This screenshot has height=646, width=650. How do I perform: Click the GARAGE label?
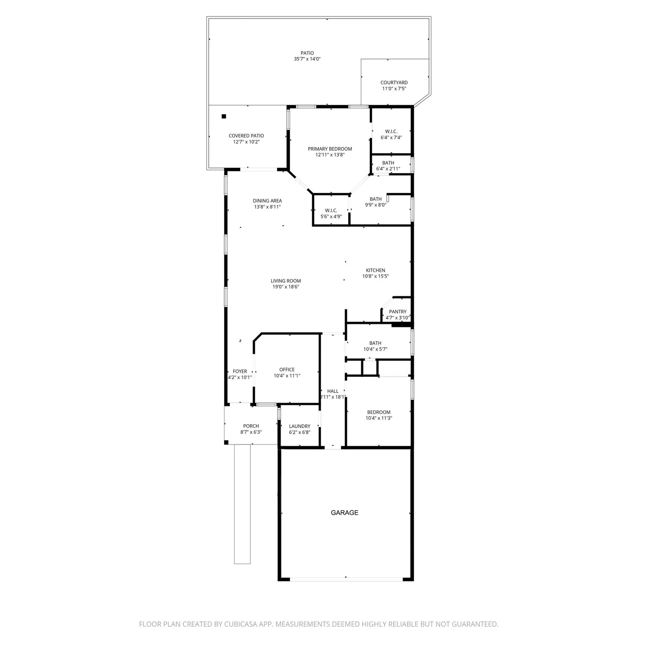coord(344,512)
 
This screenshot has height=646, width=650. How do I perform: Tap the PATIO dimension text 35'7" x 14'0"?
coord(307,59)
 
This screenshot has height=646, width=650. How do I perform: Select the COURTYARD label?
coord(394,83)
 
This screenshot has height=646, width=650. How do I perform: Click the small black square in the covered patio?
coord(224,116)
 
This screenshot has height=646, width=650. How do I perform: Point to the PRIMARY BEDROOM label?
coord(330,149)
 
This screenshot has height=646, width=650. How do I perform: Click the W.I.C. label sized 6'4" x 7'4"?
coord(391,131)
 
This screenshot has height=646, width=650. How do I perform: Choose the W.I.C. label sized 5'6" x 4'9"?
coord(331,210)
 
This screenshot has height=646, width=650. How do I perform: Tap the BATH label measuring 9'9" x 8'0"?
coord(375,199)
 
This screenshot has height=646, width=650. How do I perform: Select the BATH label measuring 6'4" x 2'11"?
coord(388,163)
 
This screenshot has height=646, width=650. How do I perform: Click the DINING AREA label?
coord(267,201)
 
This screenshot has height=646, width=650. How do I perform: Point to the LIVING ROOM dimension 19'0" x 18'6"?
coord(286,287)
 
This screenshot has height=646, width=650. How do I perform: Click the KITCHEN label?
coord(375,270)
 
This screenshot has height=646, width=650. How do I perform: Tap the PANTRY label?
coord(397,312)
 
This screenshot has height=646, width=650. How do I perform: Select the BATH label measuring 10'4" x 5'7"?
coord(375,343)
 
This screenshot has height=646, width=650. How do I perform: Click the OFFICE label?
coord(287,370)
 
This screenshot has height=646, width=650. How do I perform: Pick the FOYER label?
coord(240,371)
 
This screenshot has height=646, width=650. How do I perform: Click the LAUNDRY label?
coord(300,426)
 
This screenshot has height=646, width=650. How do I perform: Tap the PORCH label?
coord(251,426)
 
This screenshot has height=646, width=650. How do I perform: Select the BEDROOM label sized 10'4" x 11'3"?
coord(378,412)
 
